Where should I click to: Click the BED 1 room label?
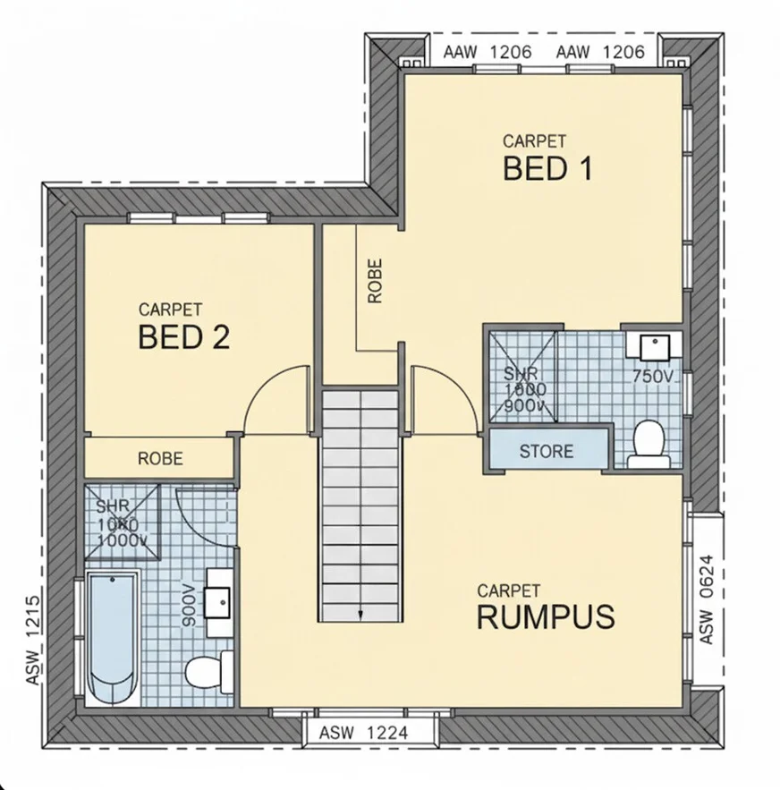coord(547,168)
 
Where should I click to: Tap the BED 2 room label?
coord(184,337)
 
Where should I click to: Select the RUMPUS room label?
coord(545,616)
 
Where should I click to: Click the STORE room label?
coord(546,451)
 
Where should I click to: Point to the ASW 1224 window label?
coord(363,733)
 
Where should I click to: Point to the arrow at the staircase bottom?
coord(360,614)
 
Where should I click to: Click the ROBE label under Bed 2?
coord(160,459)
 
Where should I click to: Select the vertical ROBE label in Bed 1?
coord(375,281)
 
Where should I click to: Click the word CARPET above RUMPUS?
coord(508,590)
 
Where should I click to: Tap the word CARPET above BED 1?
coord(534,141)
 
